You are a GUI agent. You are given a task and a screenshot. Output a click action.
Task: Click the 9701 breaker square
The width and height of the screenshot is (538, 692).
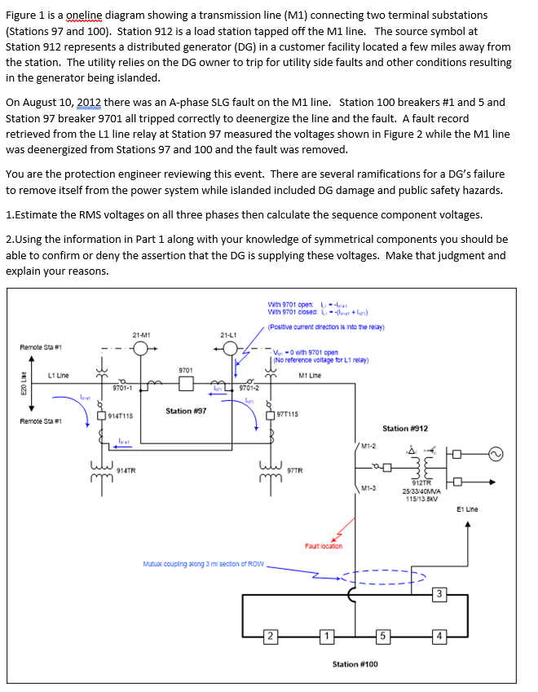click(x=186, y=382)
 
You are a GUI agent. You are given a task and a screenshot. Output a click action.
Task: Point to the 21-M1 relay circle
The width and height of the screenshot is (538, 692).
click(x=141, y=348)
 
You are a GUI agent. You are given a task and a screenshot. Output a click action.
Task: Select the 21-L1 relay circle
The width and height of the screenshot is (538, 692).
click(x=230, y=348)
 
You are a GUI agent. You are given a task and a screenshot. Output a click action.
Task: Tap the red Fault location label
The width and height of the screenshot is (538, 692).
click(x=324, y=546)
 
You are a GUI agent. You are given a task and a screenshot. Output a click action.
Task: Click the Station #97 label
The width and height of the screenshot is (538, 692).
click(x=186, y=411)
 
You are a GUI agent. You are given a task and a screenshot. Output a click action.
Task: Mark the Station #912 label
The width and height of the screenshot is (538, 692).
click(x=405, y=429)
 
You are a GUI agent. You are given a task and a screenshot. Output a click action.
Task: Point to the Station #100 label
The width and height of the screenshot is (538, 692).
click(x=355, y=664)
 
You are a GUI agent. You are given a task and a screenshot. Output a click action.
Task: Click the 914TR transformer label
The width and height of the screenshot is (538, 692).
click(x=126, y=469)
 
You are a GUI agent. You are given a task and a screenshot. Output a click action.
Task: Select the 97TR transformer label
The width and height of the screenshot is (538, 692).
click(x=295, y=470)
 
